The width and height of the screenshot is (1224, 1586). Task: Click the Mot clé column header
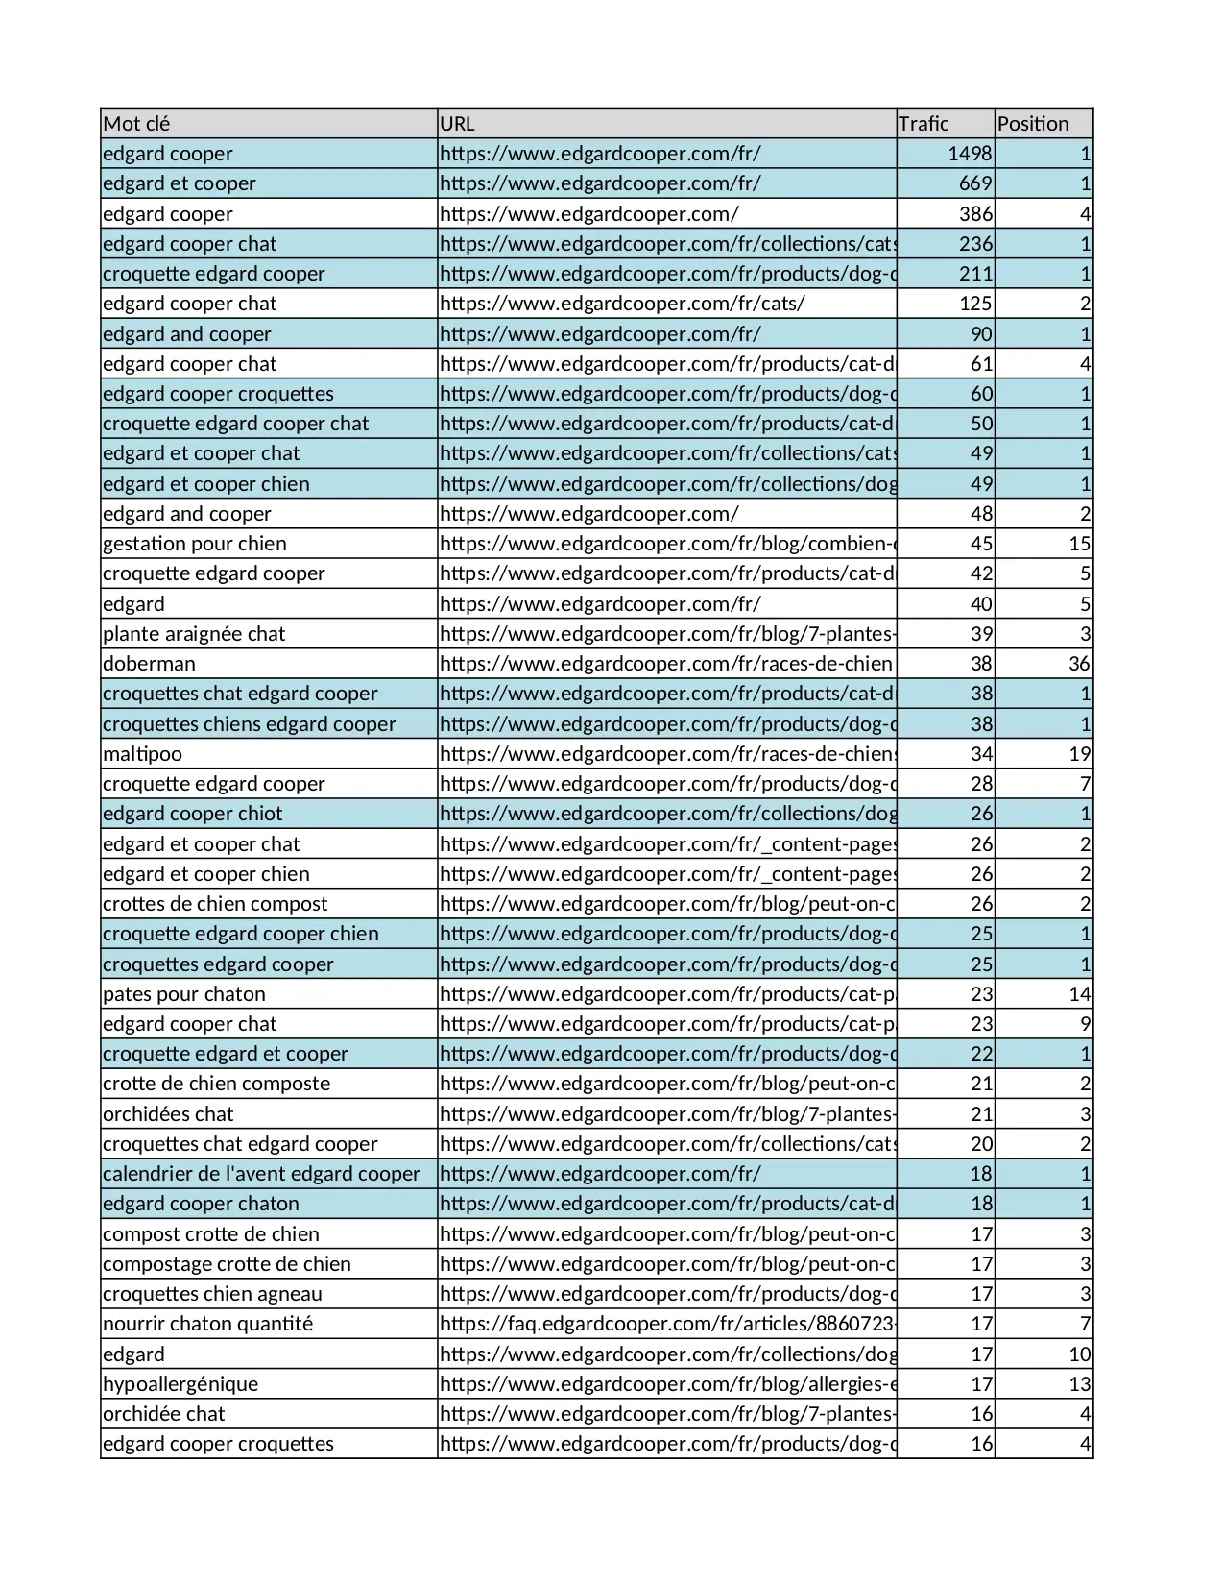pos(136,124)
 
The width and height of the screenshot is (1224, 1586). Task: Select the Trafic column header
pos(924,124)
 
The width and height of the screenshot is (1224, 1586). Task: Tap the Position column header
pos(1033,124)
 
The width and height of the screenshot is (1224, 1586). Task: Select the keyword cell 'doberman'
pos(149,664)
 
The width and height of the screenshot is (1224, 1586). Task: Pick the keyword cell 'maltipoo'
pos(142,754)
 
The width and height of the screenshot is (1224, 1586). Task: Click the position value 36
pos(1079,664)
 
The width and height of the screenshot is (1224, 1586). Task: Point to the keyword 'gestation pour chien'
pos(195,544)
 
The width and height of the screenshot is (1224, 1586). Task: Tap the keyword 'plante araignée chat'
pos(194,634)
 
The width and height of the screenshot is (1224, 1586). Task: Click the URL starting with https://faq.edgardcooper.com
pos(667,1324)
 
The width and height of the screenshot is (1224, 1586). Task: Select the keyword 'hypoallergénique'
pos(180,1384)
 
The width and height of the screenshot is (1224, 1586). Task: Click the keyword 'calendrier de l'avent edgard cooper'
pos(261,1174)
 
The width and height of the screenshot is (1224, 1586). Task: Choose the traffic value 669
pos(975,183)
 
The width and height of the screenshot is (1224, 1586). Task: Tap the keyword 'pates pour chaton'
pos(184,994)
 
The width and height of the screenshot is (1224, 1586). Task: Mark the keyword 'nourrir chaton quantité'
pos(207,1324)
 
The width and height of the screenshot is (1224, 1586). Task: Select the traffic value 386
pos(975,214)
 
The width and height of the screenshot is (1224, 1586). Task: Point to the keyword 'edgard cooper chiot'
pos(193,814)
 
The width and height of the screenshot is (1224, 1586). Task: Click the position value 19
pos(1079,754)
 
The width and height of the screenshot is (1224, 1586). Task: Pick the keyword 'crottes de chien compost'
pos(215,904)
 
